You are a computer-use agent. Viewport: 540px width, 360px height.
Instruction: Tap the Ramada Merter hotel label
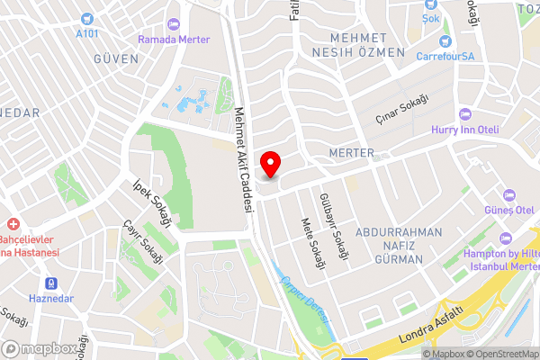pos(174,40)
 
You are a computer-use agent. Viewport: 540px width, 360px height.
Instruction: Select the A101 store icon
pos(87,19)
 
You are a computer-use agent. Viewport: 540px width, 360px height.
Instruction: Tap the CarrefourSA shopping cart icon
pos(445,41)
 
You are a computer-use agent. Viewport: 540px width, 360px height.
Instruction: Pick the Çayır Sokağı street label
pos(143,240)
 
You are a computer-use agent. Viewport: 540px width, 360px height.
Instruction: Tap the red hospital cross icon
pos(13,224)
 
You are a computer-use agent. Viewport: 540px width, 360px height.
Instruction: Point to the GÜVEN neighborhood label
pos(117,58)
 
